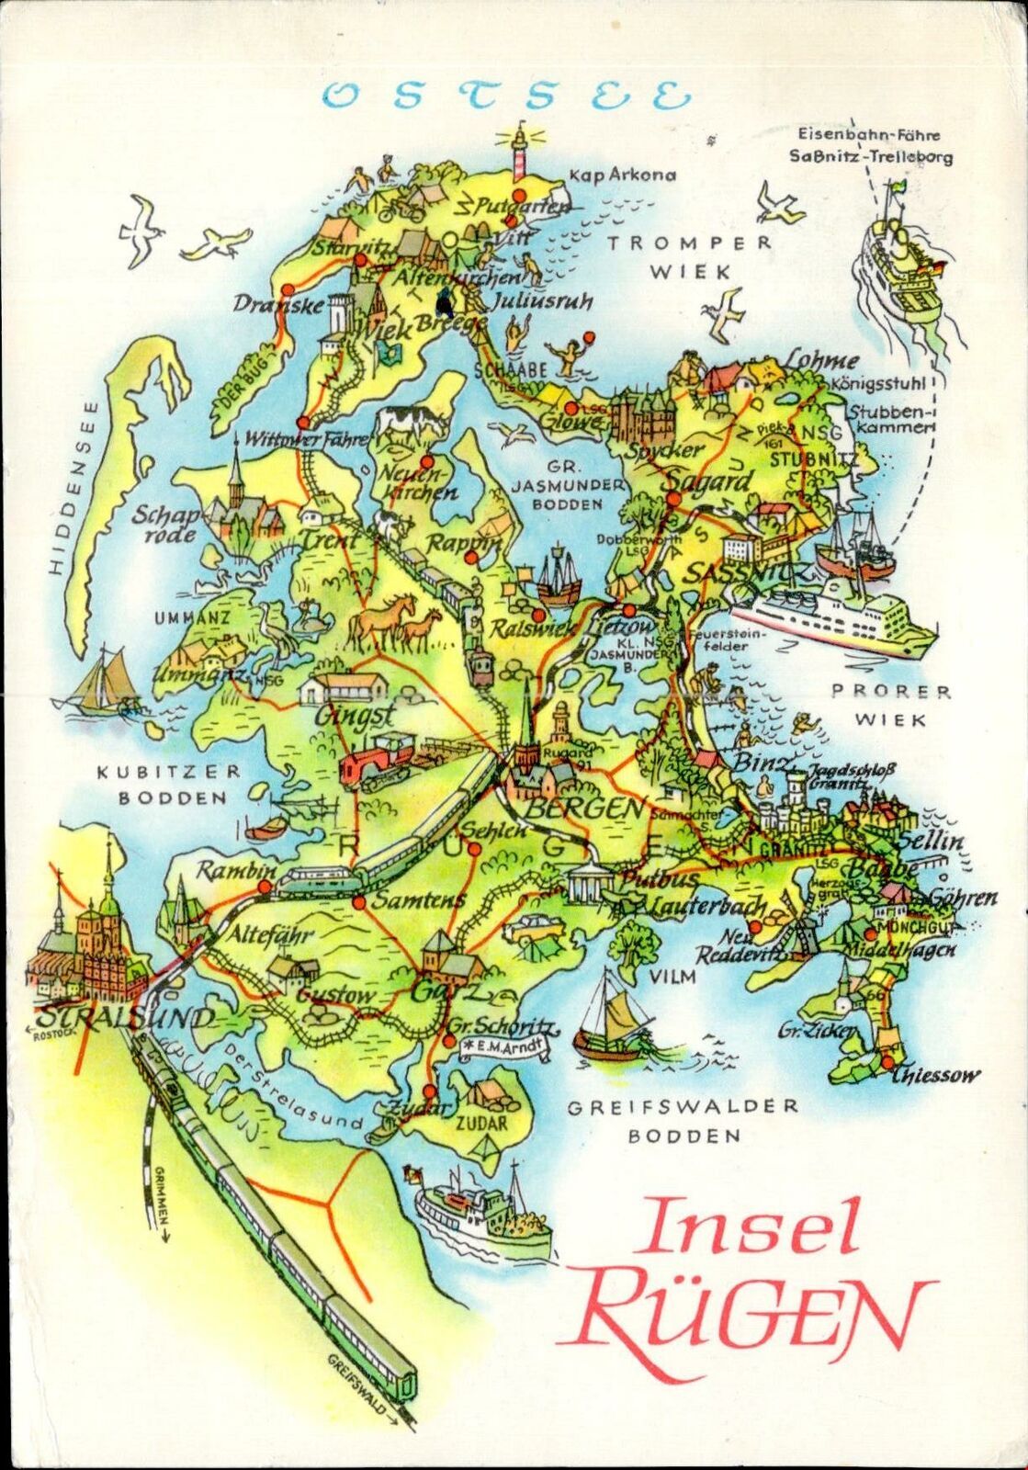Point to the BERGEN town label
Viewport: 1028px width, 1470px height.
coord(584,808)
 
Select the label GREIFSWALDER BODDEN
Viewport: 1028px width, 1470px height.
coord(683,1121)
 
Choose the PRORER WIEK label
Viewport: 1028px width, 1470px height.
coord(890,706)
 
